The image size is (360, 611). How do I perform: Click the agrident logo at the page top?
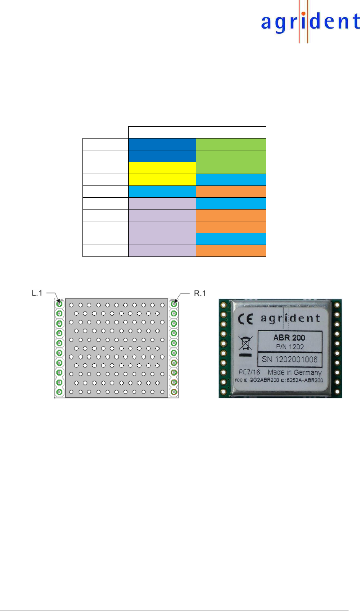(x=310, y=22)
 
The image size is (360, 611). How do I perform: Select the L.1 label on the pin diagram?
(x=37, y=293)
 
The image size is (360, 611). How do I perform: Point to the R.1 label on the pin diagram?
(x=200, y=293)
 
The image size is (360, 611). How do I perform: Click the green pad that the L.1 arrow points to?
(x=59, y=304)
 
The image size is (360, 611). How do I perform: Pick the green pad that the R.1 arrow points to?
(x=174, y=304)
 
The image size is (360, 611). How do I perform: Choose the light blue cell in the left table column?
(x=162, y=192)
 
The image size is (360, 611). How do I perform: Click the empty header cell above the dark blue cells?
(x=162, y=132)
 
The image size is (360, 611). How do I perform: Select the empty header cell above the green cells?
(x=231, y=132)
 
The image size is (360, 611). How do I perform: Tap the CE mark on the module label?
(x=245, y=319)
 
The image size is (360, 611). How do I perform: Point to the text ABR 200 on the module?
(x=289, y=337)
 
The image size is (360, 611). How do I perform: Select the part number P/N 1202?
(x=290, y=347)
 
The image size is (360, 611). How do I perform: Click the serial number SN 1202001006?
(x=289, y=359)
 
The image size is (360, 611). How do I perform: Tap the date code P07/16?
(x=249, y=372)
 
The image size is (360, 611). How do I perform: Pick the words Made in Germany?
(x=294, y=372)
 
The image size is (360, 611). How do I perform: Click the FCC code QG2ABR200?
(x=264, y=380)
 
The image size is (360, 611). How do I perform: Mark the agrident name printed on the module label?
(x=290, y=318)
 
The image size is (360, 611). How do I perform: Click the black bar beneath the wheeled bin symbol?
(x=245, y=355)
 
